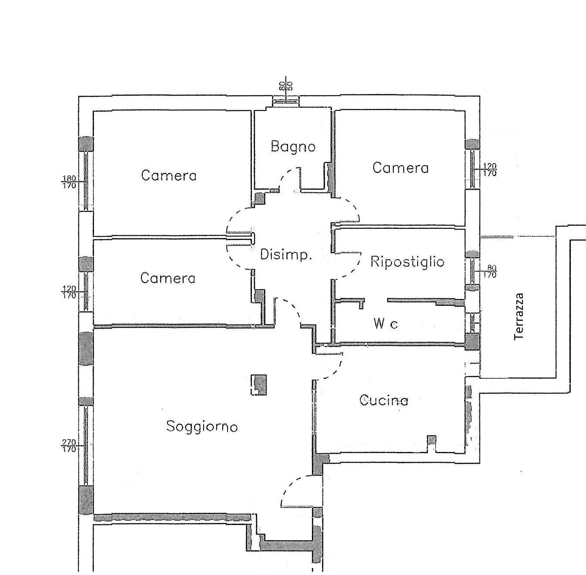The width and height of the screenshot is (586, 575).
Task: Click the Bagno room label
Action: (x=293, y=147)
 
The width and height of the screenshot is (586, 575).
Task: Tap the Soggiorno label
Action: (x=201, y=427)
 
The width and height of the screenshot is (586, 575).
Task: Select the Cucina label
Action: (x=383, y=400)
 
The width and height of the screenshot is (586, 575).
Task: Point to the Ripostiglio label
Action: (x=407, y=261)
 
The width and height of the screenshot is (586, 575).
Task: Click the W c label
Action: (x=385, y=324)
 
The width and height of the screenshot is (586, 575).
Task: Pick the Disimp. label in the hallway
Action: (x=286, y=255)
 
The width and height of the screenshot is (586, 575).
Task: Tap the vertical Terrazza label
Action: (x=519, y=317)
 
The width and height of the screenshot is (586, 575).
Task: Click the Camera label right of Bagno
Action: (x=401, y=168)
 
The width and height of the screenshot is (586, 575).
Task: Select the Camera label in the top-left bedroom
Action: (x=169, y=175)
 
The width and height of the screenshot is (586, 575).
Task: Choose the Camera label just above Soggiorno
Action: (x=167, y=278)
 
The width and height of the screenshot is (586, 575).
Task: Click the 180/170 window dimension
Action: (x=69, y=182)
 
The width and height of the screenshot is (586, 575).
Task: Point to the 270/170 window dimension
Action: (x=69, y=446)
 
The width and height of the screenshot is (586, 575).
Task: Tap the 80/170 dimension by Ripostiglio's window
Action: (x=492, y=271)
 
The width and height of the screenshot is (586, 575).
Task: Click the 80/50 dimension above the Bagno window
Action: (x=286, y=85)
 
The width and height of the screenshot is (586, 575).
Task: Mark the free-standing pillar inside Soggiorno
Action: (x=258, y=384)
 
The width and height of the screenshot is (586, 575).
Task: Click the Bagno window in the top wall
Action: (x=285, y=101)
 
